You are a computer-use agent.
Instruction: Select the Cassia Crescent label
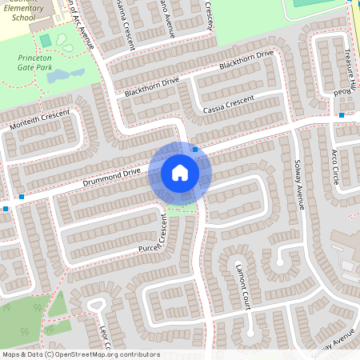(229, 105)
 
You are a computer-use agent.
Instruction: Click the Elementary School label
(24, 10)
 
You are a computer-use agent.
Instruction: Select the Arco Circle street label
(335, 166)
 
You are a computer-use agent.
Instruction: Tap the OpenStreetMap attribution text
(81, 354)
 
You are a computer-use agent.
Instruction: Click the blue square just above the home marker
(195, 149)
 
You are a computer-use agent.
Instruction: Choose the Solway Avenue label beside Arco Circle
(296, 183)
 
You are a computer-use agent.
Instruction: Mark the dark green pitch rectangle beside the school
(46, 40)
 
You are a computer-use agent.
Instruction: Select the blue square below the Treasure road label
(342, 116)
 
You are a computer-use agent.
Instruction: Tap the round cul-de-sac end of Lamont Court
(280, 258)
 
